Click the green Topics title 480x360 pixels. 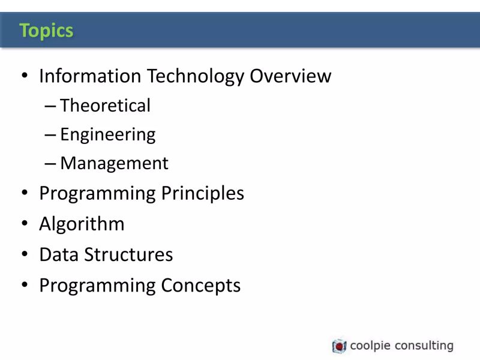[46, 30]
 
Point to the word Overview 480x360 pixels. [290, 76]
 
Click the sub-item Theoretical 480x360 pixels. [105, 106]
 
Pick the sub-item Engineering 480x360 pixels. [107, 135]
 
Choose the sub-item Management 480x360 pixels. [114, 163]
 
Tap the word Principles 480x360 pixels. [203, 194]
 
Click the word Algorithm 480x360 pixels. [82, 224]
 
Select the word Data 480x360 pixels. [59, 254]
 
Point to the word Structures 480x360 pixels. [128, 254]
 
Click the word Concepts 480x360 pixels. [200, 285]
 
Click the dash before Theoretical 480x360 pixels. [50, 106]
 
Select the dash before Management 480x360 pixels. [50, 164]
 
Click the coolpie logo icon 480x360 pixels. [339, 346]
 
